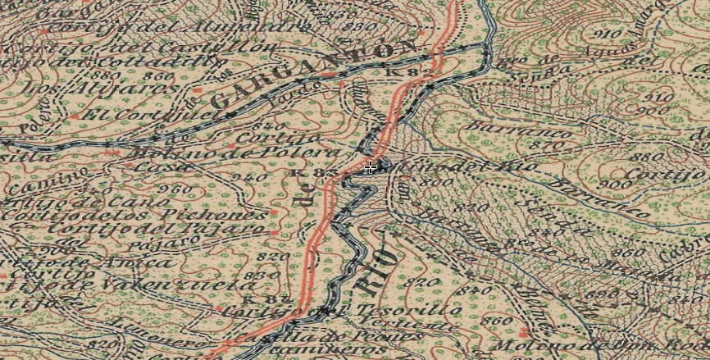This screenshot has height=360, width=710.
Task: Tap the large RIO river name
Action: pyautogui.click(x=379, y=271)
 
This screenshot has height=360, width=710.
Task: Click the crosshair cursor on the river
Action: pyautogui.click(x=371, y=168)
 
